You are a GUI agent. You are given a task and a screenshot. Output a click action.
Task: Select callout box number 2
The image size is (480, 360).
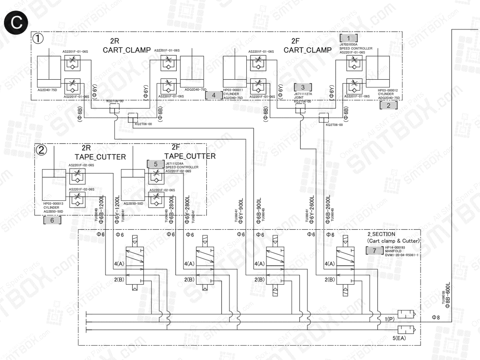point(389,106)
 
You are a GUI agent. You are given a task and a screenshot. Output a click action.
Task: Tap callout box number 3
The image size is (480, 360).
point(302,87)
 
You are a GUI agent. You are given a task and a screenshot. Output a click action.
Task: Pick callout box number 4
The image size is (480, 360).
point(214,95)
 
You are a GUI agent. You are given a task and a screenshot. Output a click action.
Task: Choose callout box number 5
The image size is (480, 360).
point(156,164)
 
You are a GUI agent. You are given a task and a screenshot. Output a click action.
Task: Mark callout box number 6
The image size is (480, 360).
point(52,220)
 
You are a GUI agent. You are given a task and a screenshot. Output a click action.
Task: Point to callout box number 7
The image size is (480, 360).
point(374,250)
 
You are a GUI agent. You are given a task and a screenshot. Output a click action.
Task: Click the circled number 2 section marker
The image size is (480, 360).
point(42,150)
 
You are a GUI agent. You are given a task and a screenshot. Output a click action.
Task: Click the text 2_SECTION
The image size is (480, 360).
point(381,234)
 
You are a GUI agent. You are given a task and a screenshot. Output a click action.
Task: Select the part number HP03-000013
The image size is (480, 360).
point(53,204)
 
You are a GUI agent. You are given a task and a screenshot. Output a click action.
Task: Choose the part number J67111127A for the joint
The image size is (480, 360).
point(303,94)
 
